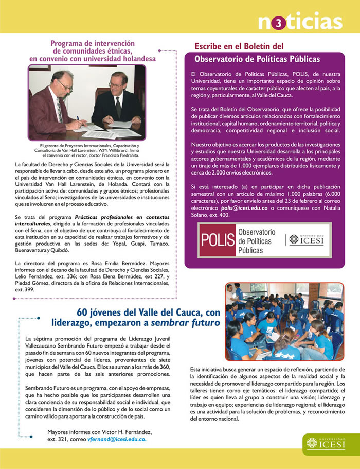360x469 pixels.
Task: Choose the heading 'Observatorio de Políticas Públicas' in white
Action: [x=257, y=59]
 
